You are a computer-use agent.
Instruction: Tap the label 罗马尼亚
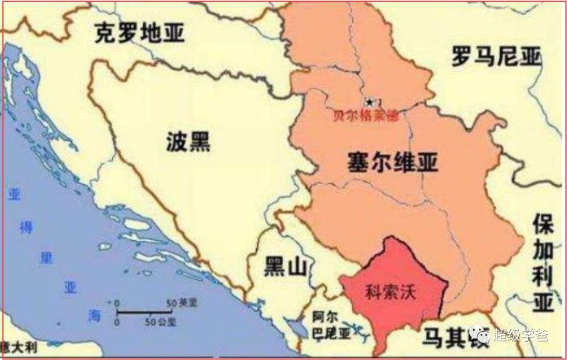coord(496,56)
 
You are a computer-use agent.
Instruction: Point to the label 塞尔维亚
coord(392,162)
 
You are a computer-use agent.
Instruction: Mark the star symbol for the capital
coord(370,102)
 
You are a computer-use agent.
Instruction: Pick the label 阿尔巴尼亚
coord(330,325)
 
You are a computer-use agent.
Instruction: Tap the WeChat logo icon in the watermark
coord(480,334)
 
